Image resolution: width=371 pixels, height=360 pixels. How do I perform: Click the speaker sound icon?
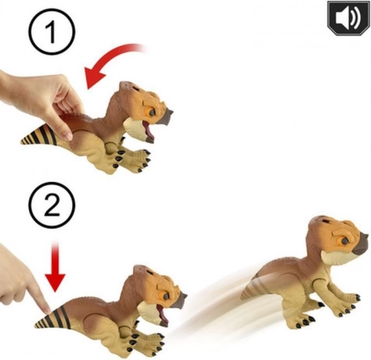coord(349,18)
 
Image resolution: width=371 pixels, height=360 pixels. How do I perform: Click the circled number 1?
coord(52,32)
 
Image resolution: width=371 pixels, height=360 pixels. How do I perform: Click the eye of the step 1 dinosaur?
coord(152,112)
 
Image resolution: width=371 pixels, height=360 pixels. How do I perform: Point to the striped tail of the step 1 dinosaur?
coord(40,137)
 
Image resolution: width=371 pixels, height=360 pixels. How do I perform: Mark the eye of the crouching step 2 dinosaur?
coord(166,296)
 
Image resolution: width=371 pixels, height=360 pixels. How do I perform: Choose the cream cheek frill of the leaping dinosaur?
coord(331,257)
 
